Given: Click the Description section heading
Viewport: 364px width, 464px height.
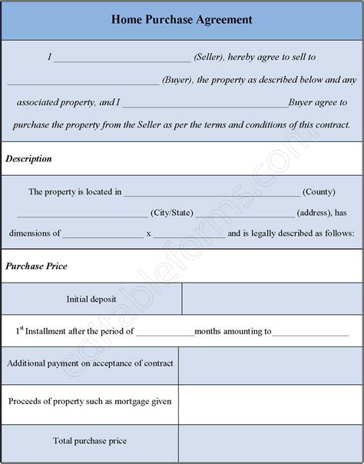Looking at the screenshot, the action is pyautogui.click(x=29, y=159).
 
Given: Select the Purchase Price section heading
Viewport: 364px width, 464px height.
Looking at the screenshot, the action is pyautogui.click(x=37, y=266).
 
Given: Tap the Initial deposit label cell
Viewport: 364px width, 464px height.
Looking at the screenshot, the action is pyautogui.click(x=92, y=299).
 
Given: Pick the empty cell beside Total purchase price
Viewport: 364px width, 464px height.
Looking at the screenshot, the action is pyautogui.click(x=270, y=441).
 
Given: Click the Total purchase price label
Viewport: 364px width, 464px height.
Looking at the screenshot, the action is pyautogui.click(x=90, y=441).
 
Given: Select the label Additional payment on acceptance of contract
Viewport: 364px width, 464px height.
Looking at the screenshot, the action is pyautogui.click(x=91, y=363).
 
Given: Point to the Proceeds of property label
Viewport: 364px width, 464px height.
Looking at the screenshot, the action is pyautogui.click(x=91, y=401).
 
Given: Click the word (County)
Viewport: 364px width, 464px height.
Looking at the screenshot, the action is pyautogui.click(x=319, y=191).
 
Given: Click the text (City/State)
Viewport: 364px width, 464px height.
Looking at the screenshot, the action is pyautogui.click(x=172, y=213).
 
